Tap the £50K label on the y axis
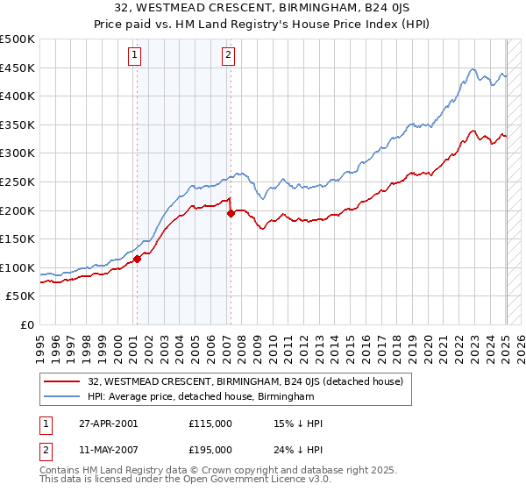(x=21, y=296)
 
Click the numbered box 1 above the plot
(x=135, y=55)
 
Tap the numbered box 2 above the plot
(x=228, y=55)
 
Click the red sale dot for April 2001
(x=137, y=259)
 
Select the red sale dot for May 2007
(x=230, y=213)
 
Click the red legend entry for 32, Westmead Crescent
(x=245, y=381)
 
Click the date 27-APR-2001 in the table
(x=107, y=423)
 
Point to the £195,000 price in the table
(x=210, y=449)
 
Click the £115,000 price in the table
(x=210, y=423)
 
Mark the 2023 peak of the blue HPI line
(x=473, y=69)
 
